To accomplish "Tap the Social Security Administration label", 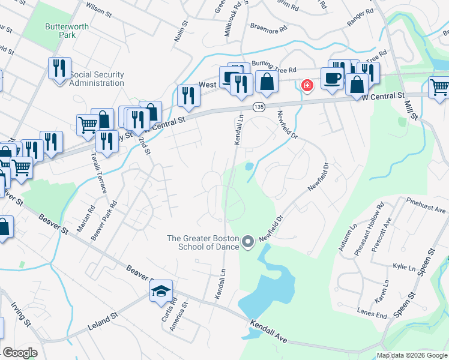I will coord(97,79).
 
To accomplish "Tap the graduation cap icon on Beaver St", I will coord(161,292).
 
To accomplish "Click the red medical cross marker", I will coord(307,86).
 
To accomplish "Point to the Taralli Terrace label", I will coord(99,172).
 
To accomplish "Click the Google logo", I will coord(20,353).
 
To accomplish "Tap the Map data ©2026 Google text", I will coord(412,355).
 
